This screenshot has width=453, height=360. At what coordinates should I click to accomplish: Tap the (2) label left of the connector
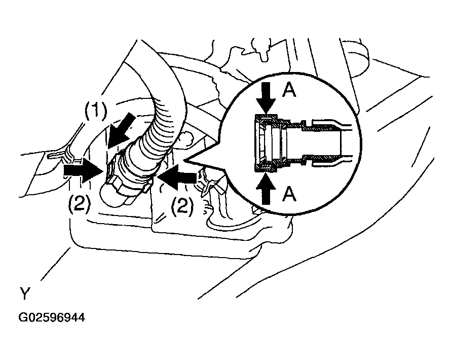[80, 203]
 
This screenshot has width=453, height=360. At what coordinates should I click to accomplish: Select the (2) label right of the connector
[182, 205]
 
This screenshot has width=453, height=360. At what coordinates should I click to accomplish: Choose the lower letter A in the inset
[289, 194]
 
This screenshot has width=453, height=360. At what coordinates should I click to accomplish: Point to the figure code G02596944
[52, 317]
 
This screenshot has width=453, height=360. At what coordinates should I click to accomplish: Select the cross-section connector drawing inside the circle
[302, 143]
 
